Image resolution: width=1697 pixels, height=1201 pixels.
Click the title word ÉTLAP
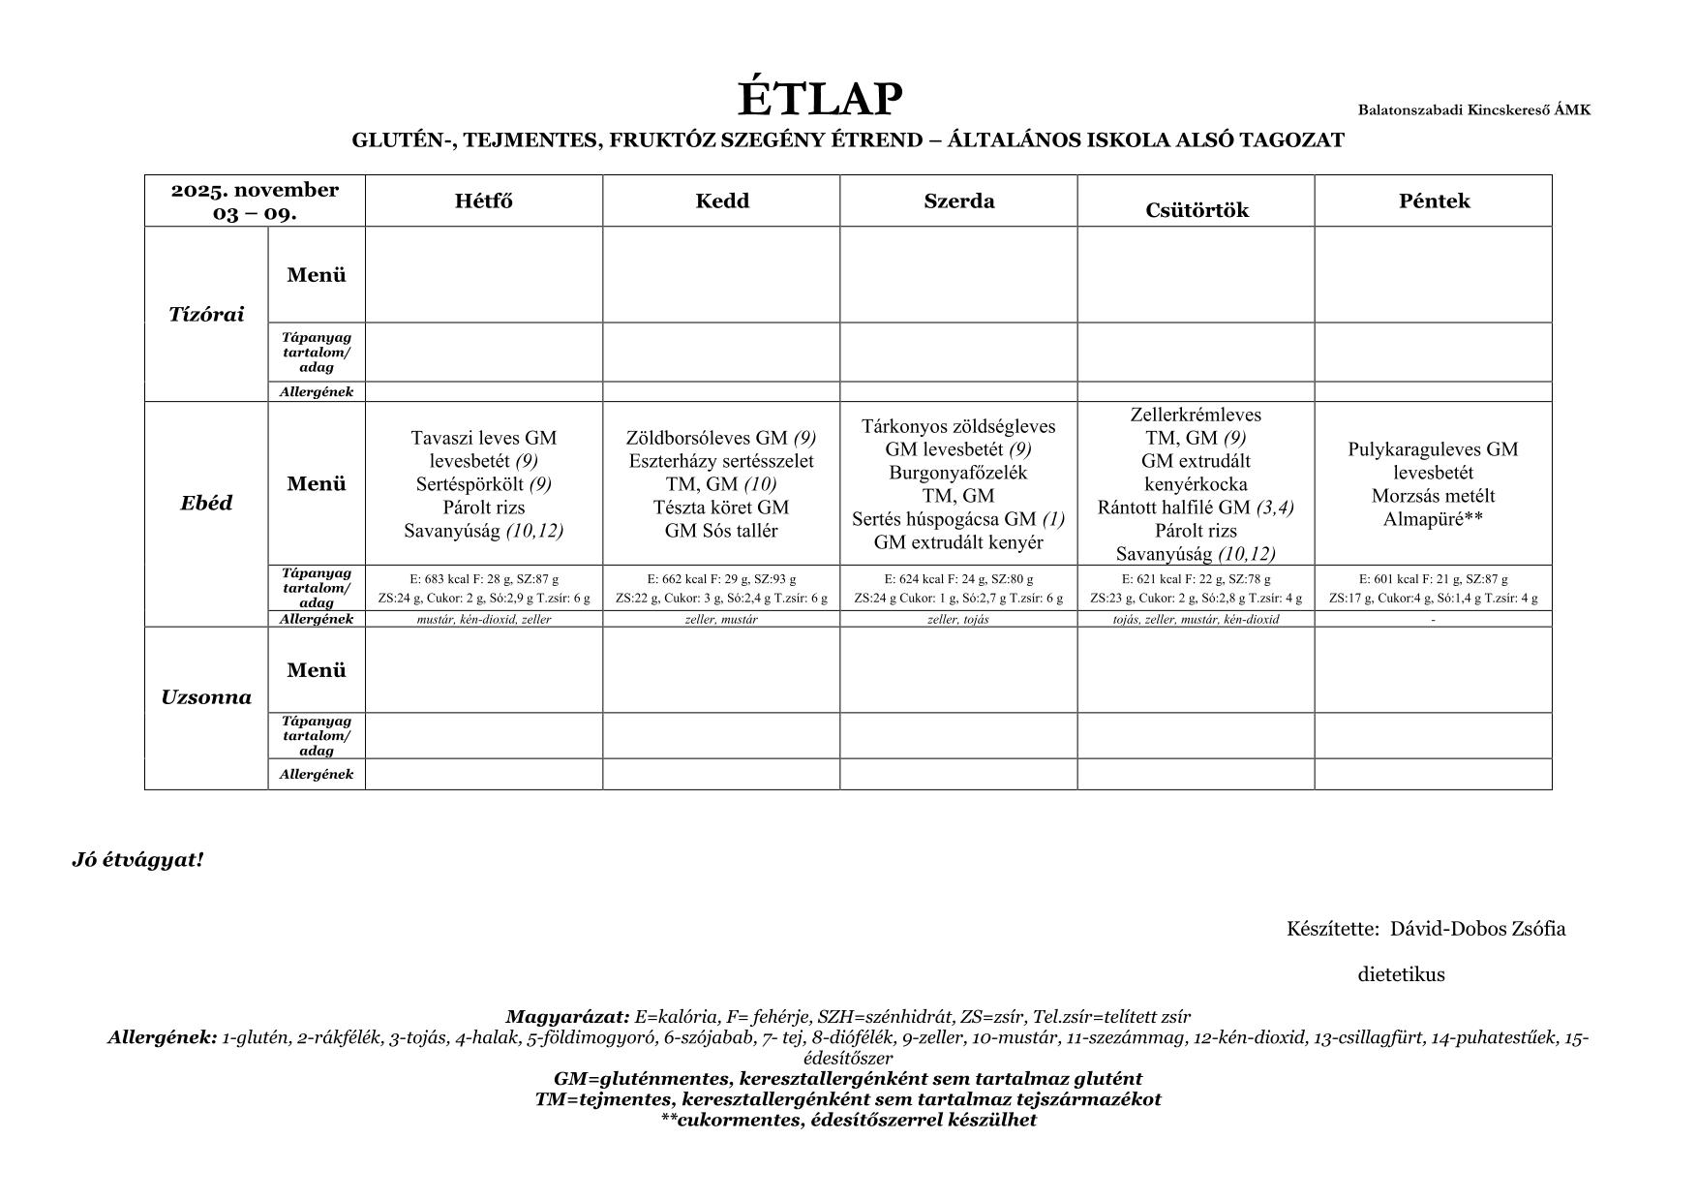tap(820, 99)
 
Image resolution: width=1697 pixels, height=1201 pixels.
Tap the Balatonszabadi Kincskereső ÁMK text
tap(1473, 110)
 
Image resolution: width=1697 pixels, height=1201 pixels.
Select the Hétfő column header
tap(484, 201)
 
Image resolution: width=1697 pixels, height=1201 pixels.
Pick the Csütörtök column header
tap(1197, 210)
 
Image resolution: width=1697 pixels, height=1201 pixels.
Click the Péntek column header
tap(1434, 200)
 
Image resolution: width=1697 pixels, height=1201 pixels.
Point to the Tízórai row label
tap(206, 314)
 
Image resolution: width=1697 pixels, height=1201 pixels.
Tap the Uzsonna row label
tap(206, 697)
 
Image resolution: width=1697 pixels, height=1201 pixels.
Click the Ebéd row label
tap(206, 503)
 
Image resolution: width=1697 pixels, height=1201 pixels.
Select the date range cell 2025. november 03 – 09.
tap(255, 200)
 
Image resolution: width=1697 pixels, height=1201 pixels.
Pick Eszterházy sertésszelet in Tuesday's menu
tap(721, 461)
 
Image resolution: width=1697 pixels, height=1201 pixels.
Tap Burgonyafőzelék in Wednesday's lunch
tap(958, 473)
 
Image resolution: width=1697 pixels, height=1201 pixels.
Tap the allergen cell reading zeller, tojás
tap(958, 620)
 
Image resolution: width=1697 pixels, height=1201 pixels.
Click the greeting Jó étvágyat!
tap(137, 860)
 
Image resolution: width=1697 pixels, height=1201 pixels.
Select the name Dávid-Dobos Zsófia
tap(1477, 929)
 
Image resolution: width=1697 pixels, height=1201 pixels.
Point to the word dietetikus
tap(1401, 974)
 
